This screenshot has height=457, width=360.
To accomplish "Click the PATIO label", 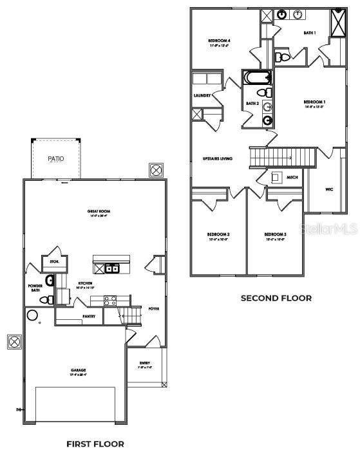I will pos(55,158).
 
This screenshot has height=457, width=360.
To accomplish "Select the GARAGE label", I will pos(78,370).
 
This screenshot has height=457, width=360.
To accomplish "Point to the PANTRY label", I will pos(89,317).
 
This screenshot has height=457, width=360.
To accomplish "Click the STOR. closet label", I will pos(55,261).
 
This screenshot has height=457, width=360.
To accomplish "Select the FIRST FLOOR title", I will pos(95,443).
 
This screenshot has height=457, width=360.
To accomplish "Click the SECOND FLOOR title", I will pos(276,298).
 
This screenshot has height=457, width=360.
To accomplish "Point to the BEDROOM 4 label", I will pos(219,43).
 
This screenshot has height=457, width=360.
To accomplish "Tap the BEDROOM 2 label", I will pos(218,236).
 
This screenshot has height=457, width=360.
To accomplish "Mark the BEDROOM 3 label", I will pos(275,236).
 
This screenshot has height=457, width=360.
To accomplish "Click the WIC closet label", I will pos(328,190).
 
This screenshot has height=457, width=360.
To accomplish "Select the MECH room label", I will pos(292,178).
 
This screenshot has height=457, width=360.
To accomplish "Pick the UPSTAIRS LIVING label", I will pos(217,158).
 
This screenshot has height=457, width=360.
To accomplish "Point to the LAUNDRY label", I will pos(202,96).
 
